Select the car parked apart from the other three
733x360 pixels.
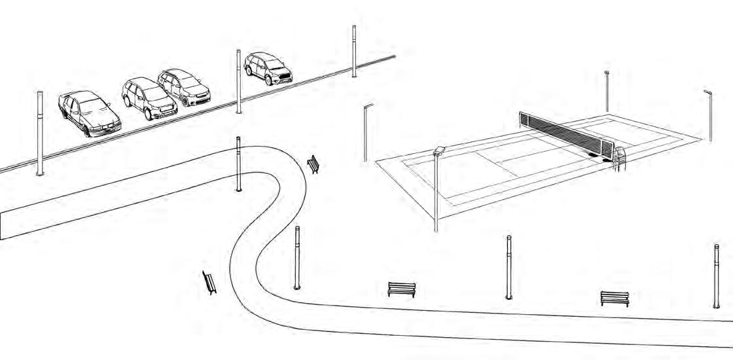tap(268, 68)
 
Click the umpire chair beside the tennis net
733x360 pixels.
tap(618, 158)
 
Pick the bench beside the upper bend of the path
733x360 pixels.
tap(314, 163)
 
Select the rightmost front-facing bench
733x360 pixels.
tap(615, 298)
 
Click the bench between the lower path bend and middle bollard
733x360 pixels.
tap(401, 289)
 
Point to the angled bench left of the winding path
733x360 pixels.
tap(210, 282)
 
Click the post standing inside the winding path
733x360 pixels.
tap(238, 164)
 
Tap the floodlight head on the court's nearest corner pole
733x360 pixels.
tap(439, 151)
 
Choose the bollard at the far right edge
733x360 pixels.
tap(717, 275)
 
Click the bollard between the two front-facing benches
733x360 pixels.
tap(509, 266)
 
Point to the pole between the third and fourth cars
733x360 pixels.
tap(238, 82)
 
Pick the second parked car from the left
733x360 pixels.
tap(149, 99)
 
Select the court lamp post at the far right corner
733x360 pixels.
tap(709, 115)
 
